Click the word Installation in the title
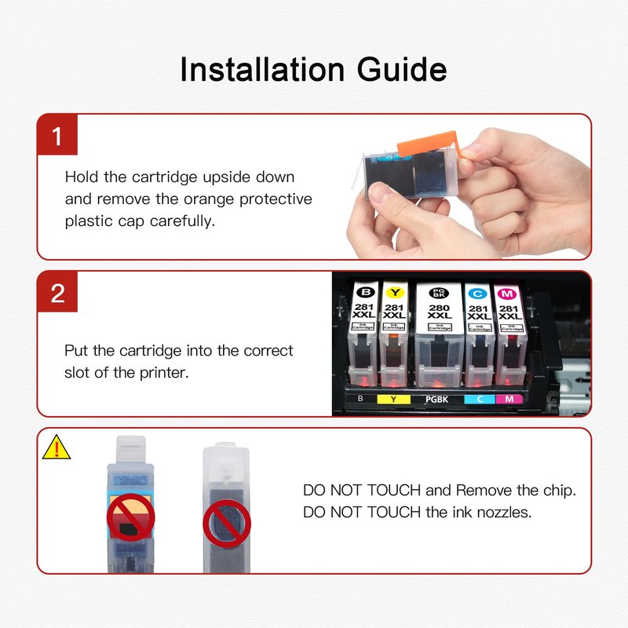coord(262,70)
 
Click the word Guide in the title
coord(402,70)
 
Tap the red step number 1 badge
coord(57,135)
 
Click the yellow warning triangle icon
coord(57,447)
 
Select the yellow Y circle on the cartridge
coord(395,293)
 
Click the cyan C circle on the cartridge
coord(478,294)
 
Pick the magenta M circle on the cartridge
coord(506,294)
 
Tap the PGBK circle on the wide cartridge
coord(439,293)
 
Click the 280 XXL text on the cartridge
coord(440,312)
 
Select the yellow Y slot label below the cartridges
coord(394,400)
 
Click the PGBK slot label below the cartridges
coord(437,400)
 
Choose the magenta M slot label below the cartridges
coord(509,399)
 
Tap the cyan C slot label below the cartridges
coord(480,399)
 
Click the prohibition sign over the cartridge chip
coord(130,517)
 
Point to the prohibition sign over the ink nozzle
coord(227,524)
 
